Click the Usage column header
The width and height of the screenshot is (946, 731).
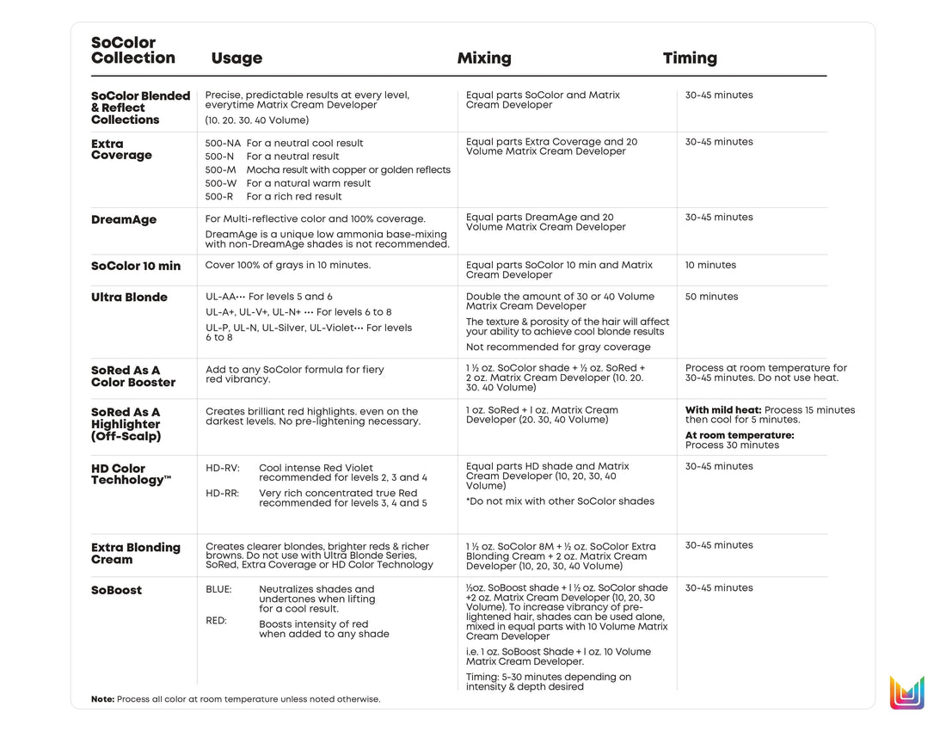pos(236,58)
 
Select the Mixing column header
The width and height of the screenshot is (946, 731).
pos(483,58)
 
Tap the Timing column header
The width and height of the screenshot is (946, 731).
pos(690,58)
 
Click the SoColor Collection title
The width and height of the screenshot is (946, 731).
pos(133,51)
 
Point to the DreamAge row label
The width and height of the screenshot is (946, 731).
pos(124,220)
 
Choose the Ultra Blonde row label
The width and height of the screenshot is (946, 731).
pos(129,298)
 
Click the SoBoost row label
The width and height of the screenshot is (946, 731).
pos(116,591)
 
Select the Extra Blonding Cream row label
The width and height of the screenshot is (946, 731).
pos(136,554)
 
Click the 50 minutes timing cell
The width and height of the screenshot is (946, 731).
pos(711,297)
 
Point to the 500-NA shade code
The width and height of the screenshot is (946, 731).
pos(223,144)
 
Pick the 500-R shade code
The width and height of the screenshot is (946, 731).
pos(219,197)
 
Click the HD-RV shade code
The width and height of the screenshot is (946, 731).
pos(222,469)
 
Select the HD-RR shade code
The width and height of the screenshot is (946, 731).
pos(222,494)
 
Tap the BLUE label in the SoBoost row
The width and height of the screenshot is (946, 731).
pos(218,590)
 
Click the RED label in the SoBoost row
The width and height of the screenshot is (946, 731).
pos(216,620)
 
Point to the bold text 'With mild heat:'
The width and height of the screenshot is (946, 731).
pos(722,410)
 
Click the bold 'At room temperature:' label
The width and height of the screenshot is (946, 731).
pos(740,435)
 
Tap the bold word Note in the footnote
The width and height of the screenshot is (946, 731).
pos(102,699)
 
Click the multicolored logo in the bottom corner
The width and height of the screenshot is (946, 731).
pos(906,692)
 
